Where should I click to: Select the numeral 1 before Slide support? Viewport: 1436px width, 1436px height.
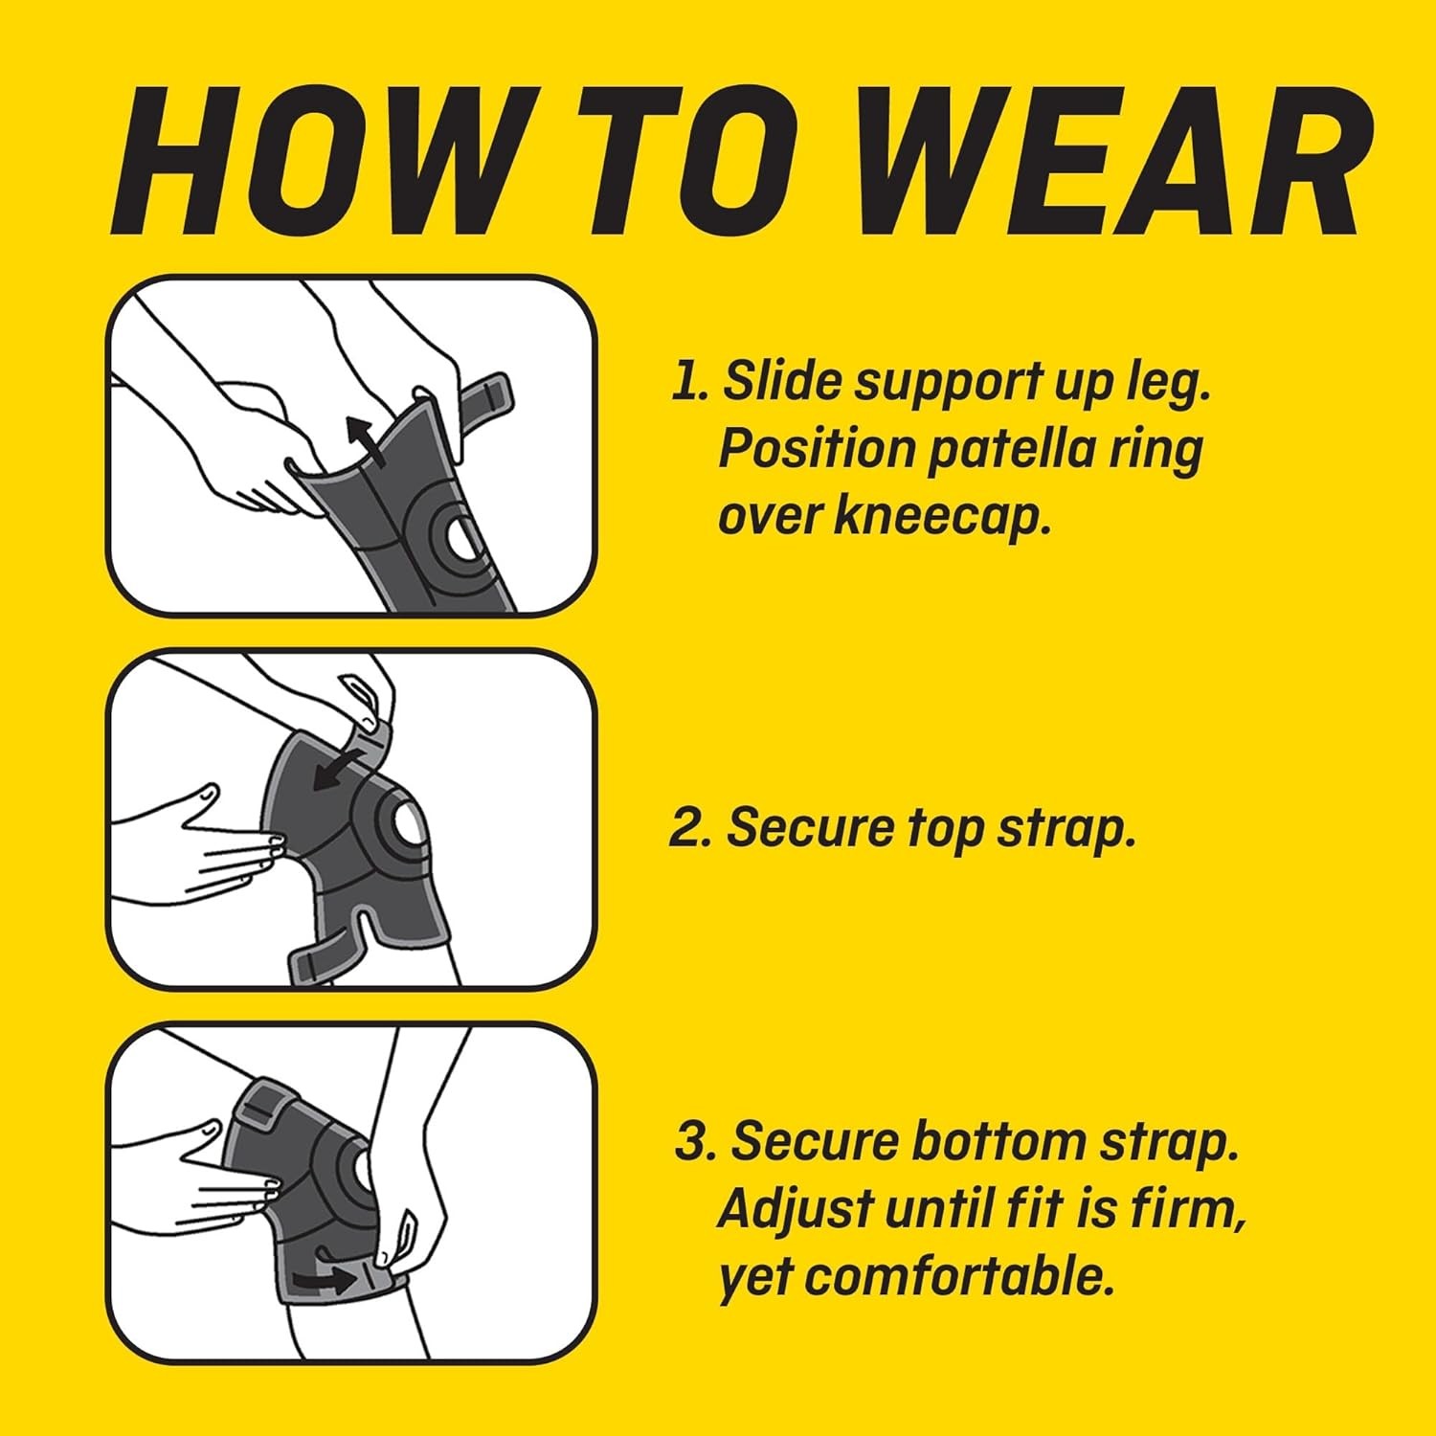(x=683, y=381)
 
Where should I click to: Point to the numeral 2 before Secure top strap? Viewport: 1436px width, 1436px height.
(x=684, y=828)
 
